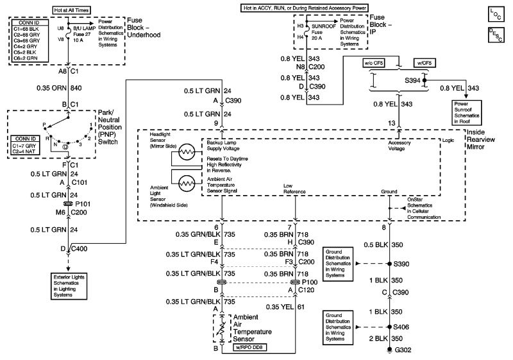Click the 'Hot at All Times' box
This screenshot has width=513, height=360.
point(72,10)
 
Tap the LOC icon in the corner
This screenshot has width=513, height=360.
point(496,14)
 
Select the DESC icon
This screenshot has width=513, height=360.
point(496,35)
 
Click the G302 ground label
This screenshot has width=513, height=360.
point(403,350)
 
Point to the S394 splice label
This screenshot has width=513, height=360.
point(412,80)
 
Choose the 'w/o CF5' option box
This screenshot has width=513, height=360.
point(374,63)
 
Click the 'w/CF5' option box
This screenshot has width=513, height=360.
point(425,63)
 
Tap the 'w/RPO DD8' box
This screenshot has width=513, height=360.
point(249,347)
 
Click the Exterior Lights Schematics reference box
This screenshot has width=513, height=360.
point(69,286)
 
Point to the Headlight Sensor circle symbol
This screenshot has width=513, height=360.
point(187,152)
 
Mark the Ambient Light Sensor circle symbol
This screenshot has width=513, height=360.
point(187,183)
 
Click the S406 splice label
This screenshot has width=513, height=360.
point(401,327)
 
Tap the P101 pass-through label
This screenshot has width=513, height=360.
point(83,204)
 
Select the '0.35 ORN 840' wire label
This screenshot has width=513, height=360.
point(59,88)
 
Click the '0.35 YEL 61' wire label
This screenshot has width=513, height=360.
point(285,307)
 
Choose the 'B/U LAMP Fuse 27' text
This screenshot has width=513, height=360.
point(85,31)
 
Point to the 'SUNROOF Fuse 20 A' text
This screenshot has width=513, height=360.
point(324,32)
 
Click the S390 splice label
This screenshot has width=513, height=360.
point(401,264)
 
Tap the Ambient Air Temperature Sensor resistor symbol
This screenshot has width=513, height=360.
point(222,329)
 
